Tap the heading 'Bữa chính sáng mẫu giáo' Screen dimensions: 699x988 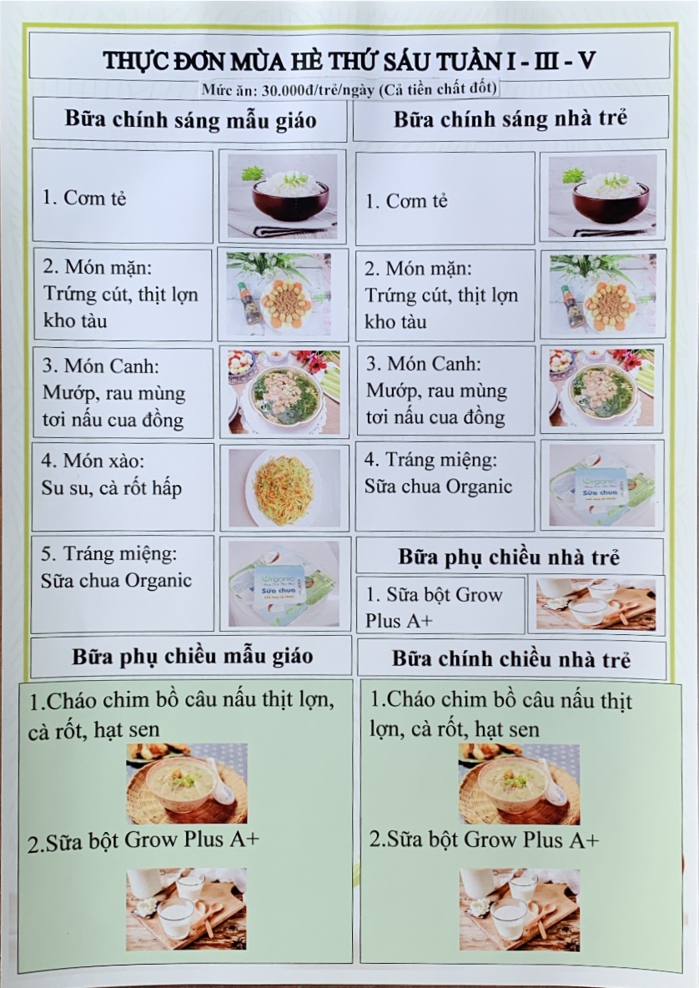coord(190,119)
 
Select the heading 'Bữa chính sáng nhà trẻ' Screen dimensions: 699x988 coord(510,118)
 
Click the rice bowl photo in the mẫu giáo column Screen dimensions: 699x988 coord(282,196)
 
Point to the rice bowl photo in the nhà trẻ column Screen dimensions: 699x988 coord(602,196)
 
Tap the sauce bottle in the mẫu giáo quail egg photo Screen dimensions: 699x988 coord(250,303)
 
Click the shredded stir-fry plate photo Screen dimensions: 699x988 coord(284,488)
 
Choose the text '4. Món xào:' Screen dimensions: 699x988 coord(93,461)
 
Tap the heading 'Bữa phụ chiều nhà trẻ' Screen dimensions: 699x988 coord(509,557)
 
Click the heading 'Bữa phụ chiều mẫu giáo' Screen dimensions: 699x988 coord(192,657)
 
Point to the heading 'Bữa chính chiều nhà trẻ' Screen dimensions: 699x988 coord(510,659)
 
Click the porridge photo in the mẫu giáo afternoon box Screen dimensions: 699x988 coord(187,784)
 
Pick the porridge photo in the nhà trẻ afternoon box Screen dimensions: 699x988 coord(519,784)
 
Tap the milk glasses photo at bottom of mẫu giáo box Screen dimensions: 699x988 coord(186,910)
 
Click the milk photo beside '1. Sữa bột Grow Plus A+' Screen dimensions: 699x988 coord(596,604)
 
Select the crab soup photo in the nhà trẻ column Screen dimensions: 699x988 coord(601,389)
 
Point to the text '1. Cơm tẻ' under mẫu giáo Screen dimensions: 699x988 coord(83,198)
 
